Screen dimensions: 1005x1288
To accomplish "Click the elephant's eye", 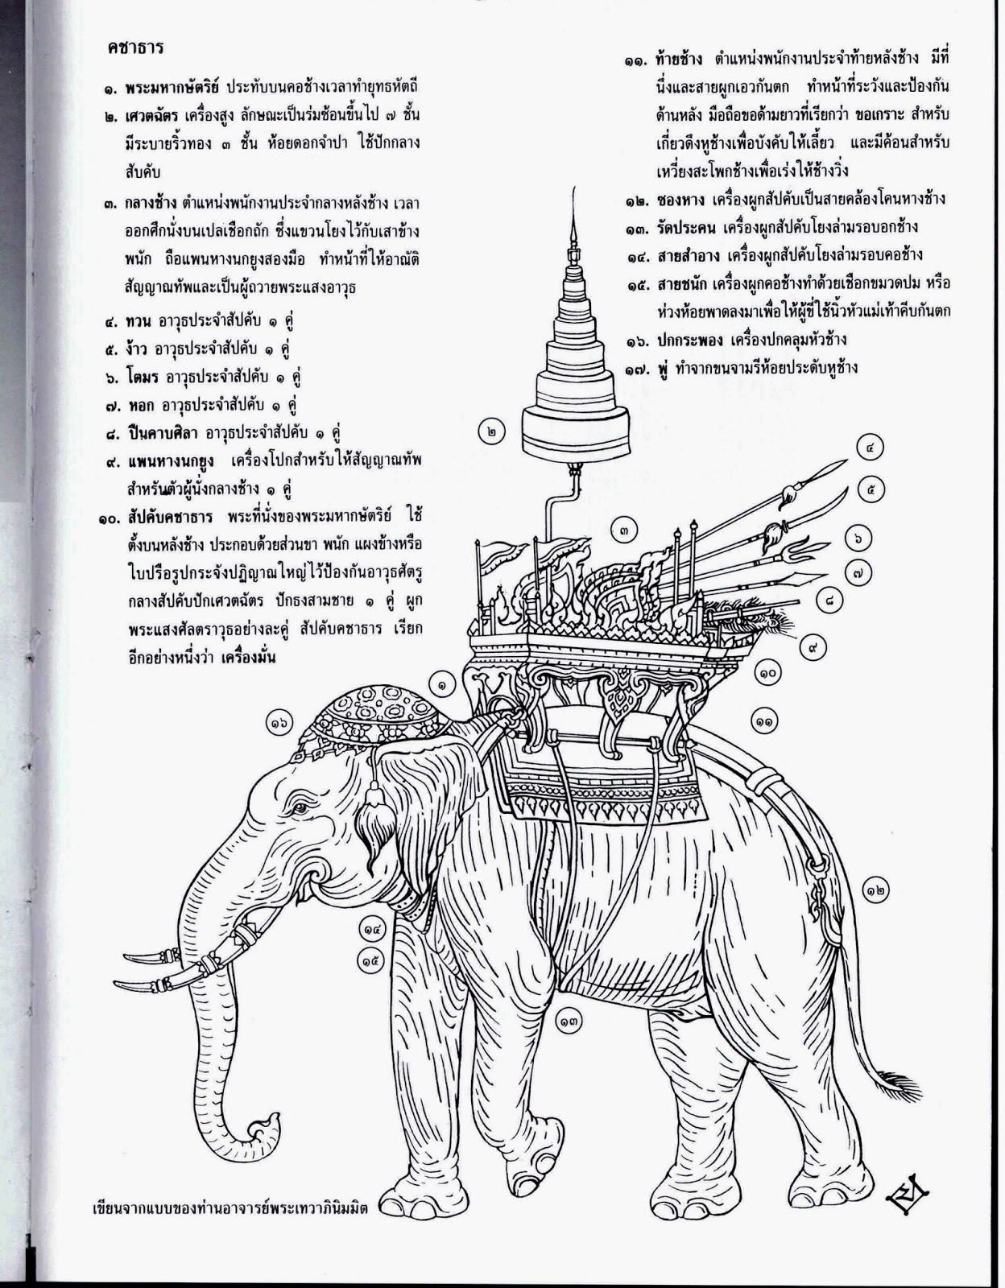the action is point(300,807).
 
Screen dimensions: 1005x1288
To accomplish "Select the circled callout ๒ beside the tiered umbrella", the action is point(492,431).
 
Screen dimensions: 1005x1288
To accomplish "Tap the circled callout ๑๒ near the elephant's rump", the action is point(879,890).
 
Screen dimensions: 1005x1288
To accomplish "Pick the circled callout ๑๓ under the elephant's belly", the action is point(569,1020).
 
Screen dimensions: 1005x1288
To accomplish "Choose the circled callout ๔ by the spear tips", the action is point(871,447).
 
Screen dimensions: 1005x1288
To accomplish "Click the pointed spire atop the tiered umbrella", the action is point(573,229).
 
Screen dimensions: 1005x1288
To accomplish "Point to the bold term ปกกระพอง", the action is point(684,341).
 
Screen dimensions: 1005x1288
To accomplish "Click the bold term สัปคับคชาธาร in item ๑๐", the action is point(172,514).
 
